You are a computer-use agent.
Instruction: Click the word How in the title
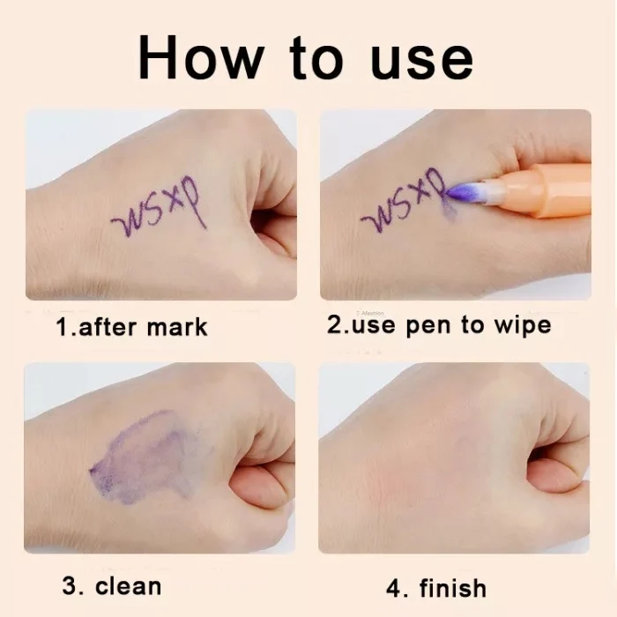(202, 57)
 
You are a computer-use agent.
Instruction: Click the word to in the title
(316, 58)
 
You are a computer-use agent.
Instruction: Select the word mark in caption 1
(176, 327)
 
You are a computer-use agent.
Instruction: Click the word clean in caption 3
(129, 586)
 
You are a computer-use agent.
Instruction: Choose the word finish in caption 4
(453, 588)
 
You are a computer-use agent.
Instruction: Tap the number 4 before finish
(393, 588)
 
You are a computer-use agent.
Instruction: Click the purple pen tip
(462, 192)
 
